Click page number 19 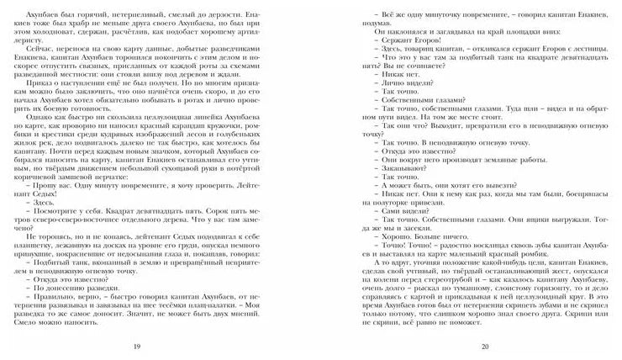coord(160,346)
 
